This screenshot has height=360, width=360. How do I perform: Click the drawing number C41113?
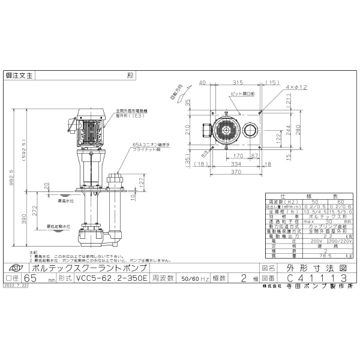[318, 278]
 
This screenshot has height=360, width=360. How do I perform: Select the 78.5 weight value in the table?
[328, 255]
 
